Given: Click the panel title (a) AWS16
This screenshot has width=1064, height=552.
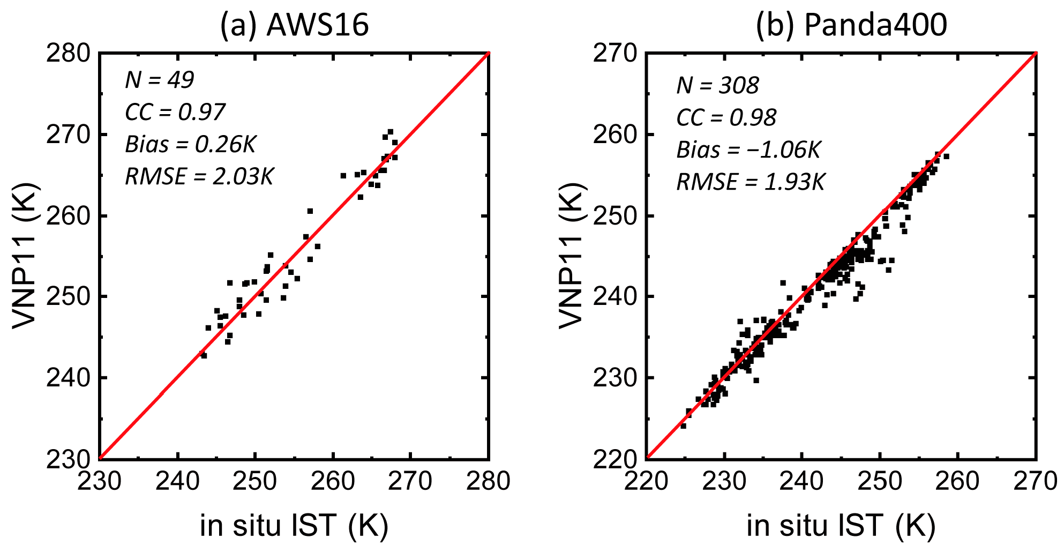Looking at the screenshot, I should tap(294, 25).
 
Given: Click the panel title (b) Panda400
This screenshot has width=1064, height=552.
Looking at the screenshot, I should tap(851, 25).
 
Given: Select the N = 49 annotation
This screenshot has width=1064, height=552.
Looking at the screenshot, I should tap(159, 80).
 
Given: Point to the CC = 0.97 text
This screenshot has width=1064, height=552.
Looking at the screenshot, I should tap(175, 112).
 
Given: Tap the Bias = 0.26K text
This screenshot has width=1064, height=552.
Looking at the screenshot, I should tap(190, 144).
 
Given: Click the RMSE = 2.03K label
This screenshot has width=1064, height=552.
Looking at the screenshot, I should tap(199, 176).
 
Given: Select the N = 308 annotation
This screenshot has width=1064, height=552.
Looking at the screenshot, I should tap(717, 85).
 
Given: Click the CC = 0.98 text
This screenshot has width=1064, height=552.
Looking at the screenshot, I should tap(726, 117).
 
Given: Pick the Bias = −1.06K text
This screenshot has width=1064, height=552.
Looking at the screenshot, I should tap(748, 150).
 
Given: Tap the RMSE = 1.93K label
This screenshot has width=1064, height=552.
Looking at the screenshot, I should tap(750, 182).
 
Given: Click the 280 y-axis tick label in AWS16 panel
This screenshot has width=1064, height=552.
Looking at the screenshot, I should tap(68, 54).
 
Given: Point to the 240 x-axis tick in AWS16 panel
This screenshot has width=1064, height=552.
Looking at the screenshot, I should tap(177, 481).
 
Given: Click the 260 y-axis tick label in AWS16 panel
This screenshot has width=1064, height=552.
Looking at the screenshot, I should tap(68, 216).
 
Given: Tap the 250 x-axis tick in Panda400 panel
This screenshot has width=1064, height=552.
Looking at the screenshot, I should tap(880, 481).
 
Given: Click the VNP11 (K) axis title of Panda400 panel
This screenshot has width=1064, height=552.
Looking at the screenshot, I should tap(571, 255).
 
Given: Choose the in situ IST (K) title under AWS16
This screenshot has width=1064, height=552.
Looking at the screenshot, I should tap(294, 525).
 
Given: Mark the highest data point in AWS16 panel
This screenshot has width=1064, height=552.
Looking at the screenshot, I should tap(390, 131).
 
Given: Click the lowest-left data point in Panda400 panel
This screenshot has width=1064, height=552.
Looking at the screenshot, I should tap(683, 426).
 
